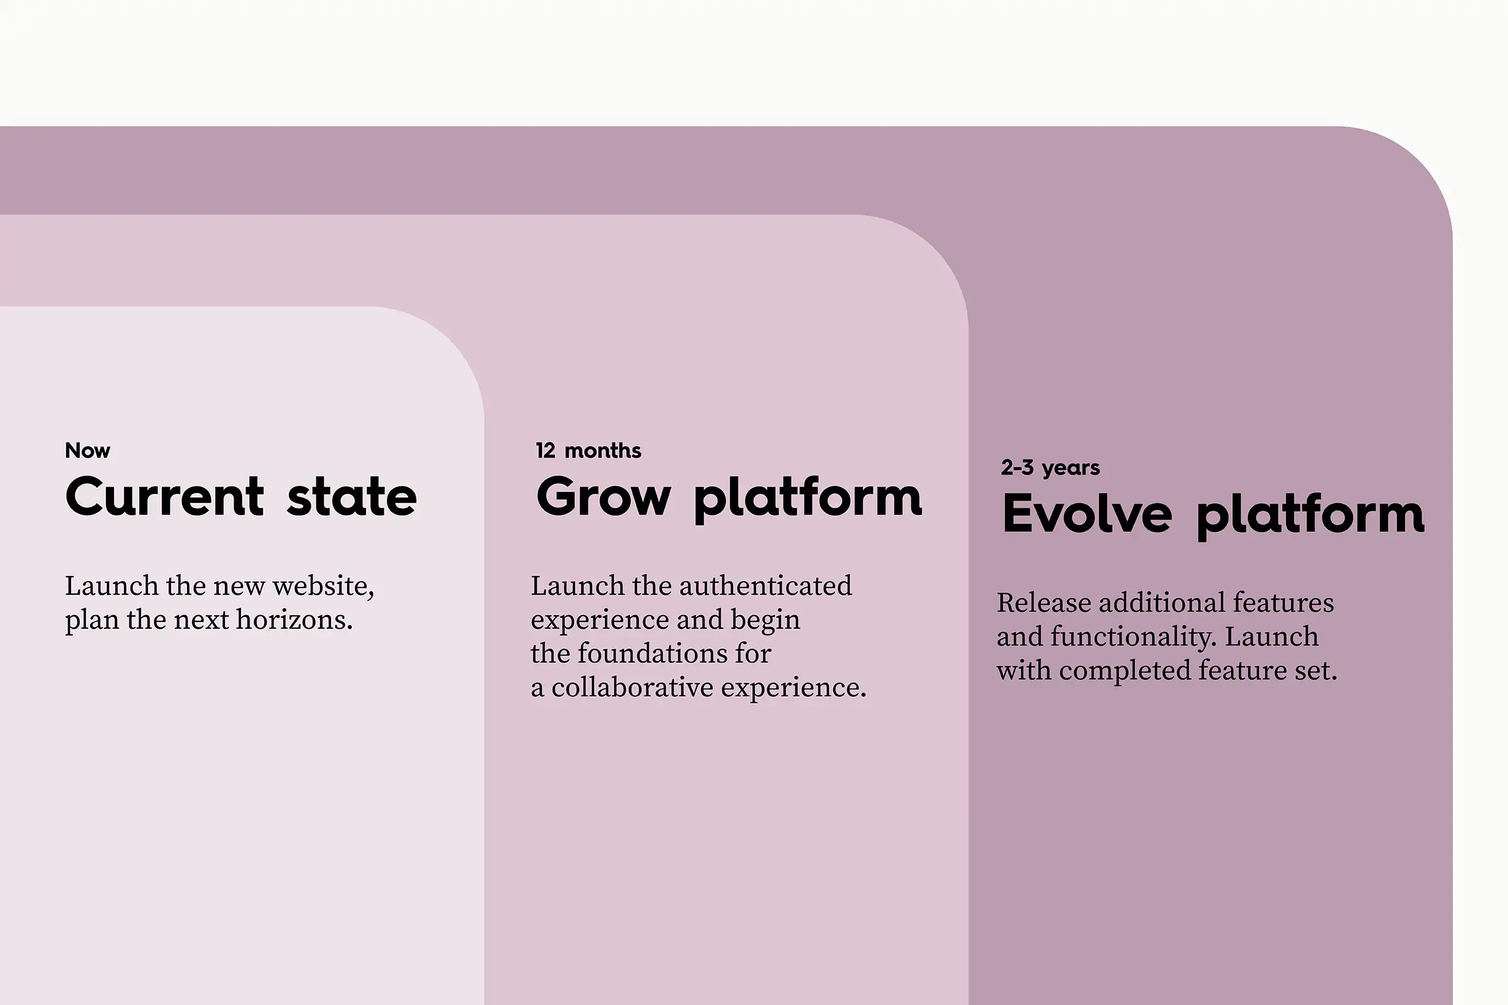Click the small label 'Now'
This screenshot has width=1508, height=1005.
[x=87, y=450]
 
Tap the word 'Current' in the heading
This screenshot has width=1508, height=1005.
[x=164, y=497]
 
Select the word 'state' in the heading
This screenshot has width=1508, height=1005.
[x=351, y=497]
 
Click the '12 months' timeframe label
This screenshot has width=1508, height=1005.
[x=588, y=450]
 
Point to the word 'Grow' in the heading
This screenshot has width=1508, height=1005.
[x=603, y=497]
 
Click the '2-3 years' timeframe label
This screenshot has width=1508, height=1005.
[x=1049, y=468]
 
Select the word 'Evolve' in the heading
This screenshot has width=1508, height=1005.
[x=1087, y=514]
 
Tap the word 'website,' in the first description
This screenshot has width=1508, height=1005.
[x=323, y=586]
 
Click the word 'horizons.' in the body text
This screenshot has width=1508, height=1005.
[x=294, y=620]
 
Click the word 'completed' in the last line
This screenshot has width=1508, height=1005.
[x=1125, y=671]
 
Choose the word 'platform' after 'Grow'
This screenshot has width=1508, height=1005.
[x=808, y=499]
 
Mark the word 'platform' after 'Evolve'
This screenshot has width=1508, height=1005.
[x=1310, y=516]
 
